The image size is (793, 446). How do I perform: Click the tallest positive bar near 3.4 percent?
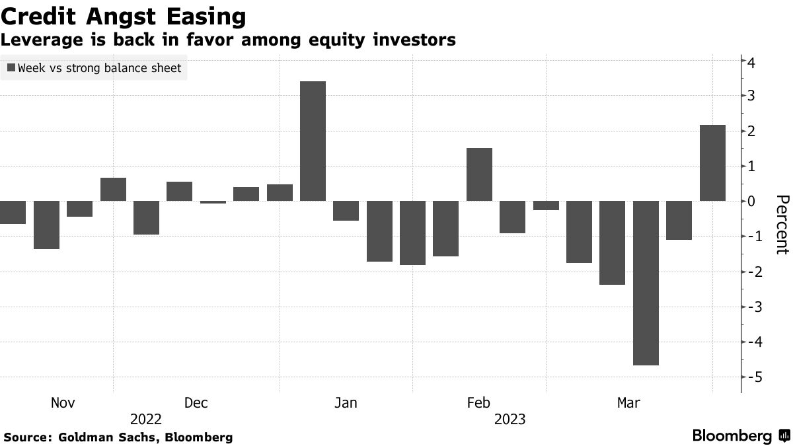tap(313, 141)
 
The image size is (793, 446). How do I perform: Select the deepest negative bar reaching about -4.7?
tap(646, 283)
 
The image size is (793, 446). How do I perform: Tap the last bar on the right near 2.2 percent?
tap(712, 163)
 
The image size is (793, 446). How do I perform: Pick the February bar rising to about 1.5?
tap(479, 174)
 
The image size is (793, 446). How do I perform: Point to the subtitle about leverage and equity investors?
tap(228, 40)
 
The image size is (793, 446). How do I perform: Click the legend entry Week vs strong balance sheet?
tap(94, 67)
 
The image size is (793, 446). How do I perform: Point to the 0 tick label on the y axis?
tap(752, 201)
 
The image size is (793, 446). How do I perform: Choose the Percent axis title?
tap(782, 225)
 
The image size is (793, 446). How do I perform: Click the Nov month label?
tap(63, 402)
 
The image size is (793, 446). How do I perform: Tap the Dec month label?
tap(196, 402)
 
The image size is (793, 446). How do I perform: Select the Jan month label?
tap(346, 402)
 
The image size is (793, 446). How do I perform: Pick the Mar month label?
tap(628, 402)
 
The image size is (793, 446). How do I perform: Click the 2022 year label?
tap(146, 419)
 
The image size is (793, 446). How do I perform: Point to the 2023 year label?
tap(510, 419)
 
